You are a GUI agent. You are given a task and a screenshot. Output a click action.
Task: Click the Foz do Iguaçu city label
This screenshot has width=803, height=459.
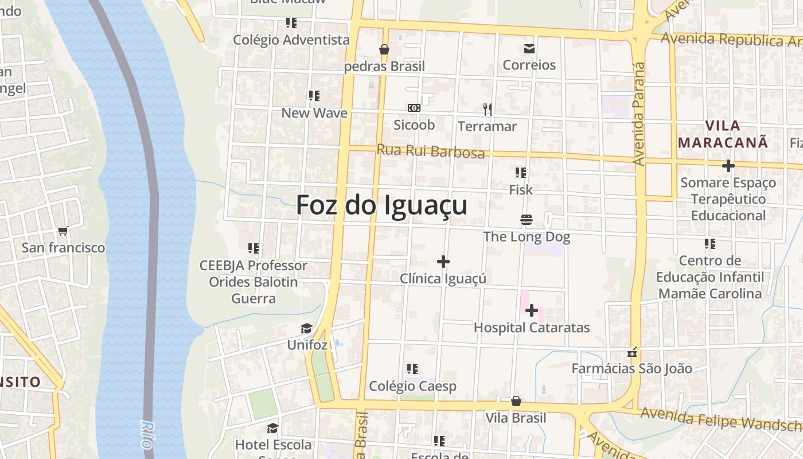(x=381, y=205)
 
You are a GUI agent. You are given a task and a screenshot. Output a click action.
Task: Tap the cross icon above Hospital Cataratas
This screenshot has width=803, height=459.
(x=532, y=310)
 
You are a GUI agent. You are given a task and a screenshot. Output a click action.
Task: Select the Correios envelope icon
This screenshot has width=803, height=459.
(x=529, y=49)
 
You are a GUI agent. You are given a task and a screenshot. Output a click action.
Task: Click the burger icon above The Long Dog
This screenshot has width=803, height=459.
(x=527, y=220)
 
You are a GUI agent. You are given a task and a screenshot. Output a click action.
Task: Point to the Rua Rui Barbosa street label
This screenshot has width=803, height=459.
(x=430, y=151)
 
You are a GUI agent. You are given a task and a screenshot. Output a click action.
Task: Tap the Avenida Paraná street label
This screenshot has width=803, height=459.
(x=639, y=115)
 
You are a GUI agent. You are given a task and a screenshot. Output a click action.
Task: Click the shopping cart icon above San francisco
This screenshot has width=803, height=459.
(x=63, y=231)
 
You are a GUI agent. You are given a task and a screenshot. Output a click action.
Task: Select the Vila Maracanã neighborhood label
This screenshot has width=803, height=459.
(x=723, y=134)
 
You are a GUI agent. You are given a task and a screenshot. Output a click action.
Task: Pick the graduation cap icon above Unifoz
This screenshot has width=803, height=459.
(x=307, y=329)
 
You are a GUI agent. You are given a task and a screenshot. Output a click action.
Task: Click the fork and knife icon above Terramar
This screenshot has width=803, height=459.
(x=488, y=109)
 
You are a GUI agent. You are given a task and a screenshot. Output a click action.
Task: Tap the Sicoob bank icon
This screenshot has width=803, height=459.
(x=414, y=108)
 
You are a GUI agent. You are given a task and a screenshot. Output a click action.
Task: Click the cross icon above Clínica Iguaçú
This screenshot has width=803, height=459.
(x=443, y=262)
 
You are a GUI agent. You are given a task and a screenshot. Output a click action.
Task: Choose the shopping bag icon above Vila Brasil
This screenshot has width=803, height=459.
(x=516, y=401)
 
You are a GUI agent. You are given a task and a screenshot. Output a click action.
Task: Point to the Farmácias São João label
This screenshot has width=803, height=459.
(x=632, y=368)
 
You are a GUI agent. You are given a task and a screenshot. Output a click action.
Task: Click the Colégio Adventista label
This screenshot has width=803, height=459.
(x=291, y=40)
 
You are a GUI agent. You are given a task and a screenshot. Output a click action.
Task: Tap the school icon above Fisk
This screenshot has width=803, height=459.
(x=521, y=173)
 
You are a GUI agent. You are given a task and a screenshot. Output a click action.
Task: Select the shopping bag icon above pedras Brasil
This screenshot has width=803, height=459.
(x=384, y=50)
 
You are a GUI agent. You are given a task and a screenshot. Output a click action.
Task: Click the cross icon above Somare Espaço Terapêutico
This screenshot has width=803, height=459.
(x=728, y=166)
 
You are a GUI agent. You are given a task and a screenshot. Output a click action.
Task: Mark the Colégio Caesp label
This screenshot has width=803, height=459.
(x=412, y=386)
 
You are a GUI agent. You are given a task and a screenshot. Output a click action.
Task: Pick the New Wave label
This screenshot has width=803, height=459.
(x=314, y=113)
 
